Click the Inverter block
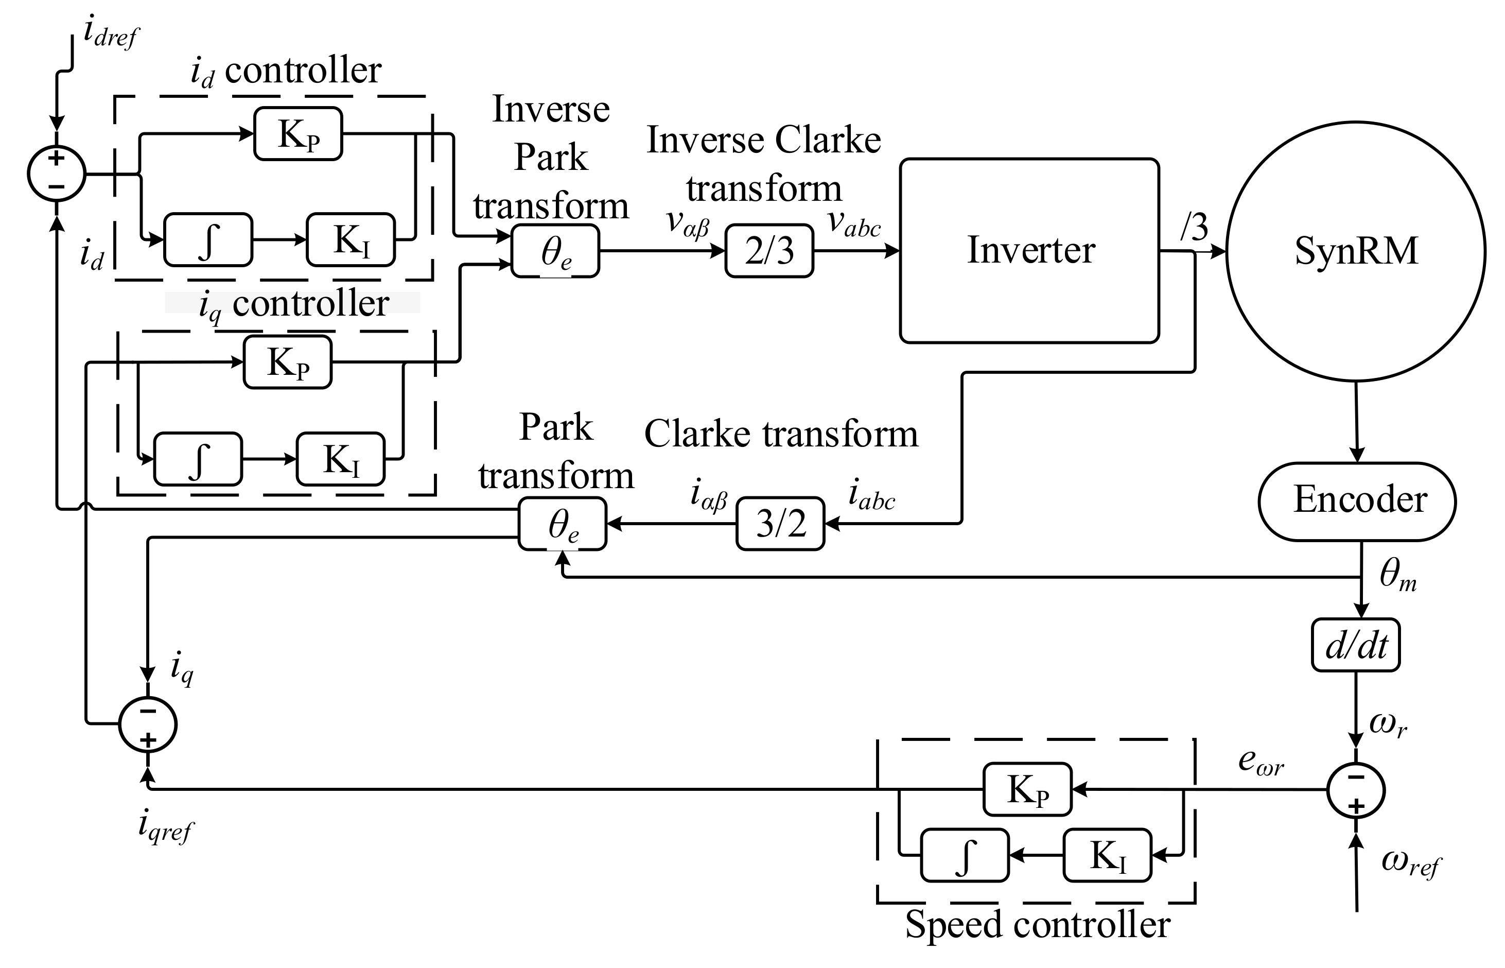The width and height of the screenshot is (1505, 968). coord(1029,250)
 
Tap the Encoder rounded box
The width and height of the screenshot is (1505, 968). coord(1357,501)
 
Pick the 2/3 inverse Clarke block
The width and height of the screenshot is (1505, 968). coord(768,251)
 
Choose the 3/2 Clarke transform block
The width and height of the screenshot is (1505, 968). coord(780,523)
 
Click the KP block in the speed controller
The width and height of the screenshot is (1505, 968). coord(1027,789)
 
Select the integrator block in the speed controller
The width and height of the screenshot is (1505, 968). coord(965,855)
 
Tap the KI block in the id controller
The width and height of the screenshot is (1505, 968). coord(351,239)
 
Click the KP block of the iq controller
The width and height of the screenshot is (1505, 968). coord(287,362)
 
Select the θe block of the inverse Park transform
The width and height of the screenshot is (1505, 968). coord(555,251)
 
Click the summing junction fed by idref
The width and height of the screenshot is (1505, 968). coord(57,174)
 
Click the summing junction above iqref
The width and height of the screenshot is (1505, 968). coord(148,724)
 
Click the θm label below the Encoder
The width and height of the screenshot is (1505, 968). coord(1397,575)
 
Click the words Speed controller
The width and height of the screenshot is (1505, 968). coord(1037,924)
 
